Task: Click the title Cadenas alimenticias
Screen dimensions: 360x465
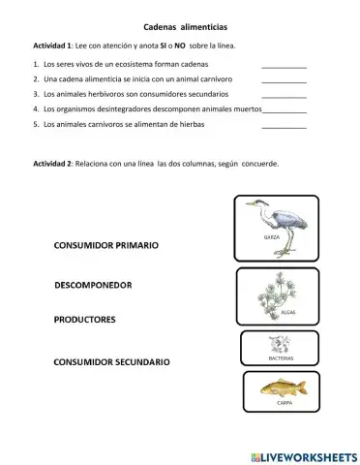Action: [x=178, y=28]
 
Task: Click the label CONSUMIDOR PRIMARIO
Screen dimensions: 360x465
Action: [x=106, y=246]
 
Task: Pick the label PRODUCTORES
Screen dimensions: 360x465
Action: [x=85, y=319]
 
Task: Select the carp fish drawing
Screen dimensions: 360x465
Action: [x=283, y=387]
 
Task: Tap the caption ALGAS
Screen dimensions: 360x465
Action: [x=287, y=313]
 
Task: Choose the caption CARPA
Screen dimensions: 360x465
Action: [x=285, y=402]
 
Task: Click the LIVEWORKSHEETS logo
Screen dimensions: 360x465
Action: [x=302, y=455]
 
